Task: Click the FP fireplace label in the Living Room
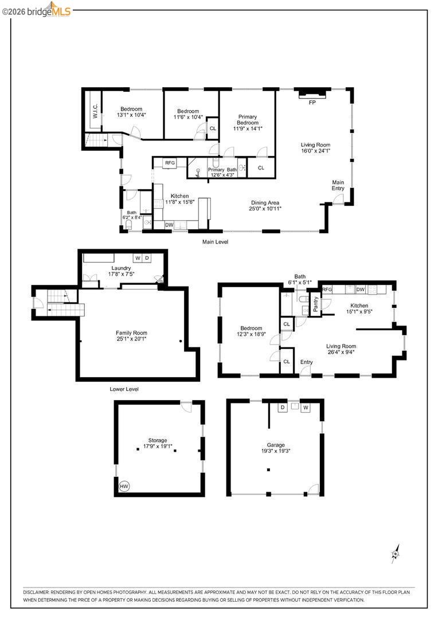tap(312, 103)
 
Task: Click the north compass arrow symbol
tap(396, 554)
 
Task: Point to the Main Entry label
tap(338, 185)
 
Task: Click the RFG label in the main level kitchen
tap(170, 163)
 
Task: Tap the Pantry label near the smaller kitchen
tap(316, 303)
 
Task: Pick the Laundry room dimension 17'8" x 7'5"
tap(122, 275)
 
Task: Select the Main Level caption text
tap(215, 242)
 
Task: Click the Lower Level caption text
tap(124, 389)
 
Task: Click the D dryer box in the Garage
tap(282, 408)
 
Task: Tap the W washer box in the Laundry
tap(138, 258)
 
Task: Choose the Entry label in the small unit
tap(306, 362)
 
